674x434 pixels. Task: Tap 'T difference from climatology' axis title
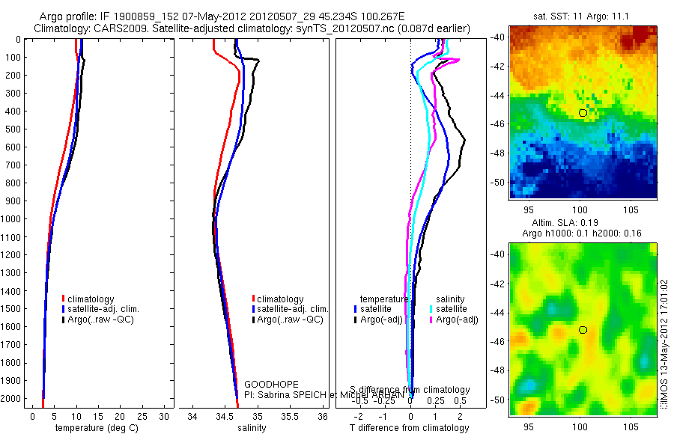[410, 428]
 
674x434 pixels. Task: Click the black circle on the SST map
[583, 113]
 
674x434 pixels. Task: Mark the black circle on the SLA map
[583, 329]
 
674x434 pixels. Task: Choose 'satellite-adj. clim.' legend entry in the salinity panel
[293, 309]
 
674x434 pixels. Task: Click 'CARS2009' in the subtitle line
[112, 29]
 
